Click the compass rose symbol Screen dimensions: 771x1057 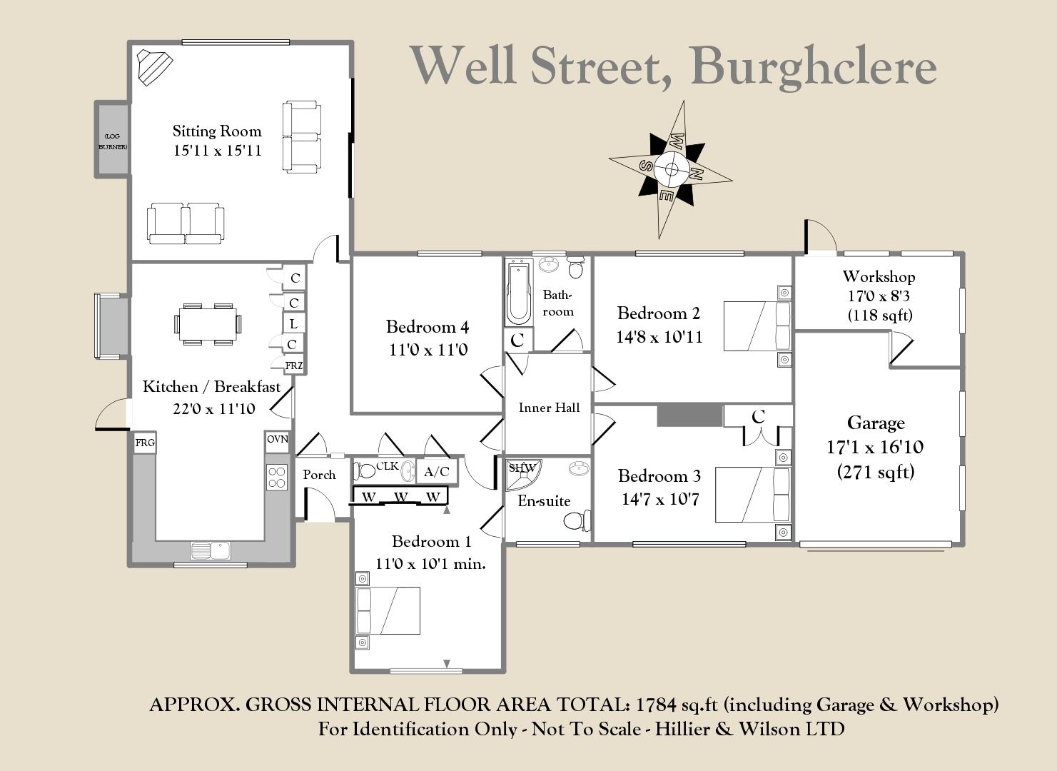pyautogui.click(x=671, y=169)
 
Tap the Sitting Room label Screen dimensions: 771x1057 pyautogui.click(x=217, y=131)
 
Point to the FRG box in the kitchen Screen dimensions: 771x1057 pyautogui.click(x=145, y=443)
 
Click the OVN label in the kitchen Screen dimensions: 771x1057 pyautogui.click(x=278, y=439)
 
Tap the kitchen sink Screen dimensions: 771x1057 pyautogui.click(x=211, y=550)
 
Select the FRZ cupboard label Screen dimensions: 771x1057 pyautogui.click(x=294, y=366)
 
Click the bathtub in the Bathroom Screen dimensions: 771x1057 pyautogui.click(x=517, y=291)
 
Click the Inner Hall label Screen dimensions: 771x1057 pyautogui.click(x=549, y=408)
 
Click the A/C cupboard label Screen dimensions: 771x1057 pyautogui.click(x=437, y=472)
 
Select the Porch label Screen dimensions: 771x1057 pyautogui.click(x=319, y=475)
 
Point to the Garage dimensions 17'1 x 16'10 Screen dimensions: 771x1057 pyautogui.click(x=875, y=448)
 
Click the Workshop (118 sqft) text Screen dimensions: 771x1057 pyautogui.click(x=879, y=315)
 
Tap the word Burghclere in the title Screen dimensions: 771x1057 pyautogui.click(x=814, y=66)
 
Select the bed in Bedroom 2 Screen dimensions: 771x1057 pyautogui.click(x=757, y=326)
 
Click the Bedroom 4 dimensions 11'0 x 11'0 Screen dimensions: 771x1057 pyautogui.click(x=428, y=350)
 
